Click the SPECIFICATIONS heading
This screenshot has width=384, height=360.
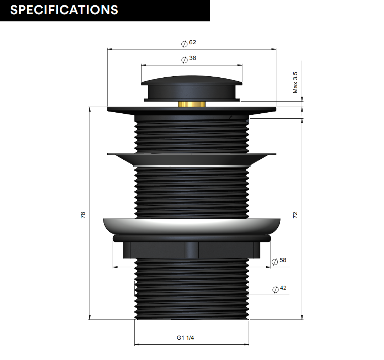(x=64, y=10)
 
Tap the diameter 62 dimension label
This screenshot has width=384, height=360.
(x=188, y=43)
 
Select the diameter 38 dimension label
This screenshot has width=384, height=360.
(x=188, y=59)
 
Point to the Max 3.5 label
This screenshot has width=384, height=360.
(x=295, y=82)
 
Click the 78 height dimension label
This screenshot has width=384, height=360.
(x=83, y=215)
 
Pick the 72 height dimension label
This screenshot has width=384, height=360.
(x=295, y=215)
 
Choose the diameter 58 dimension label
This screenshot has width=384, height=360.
(x=279, y=261)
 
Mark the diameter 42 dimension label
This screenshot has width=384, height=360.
(x=279, y=289)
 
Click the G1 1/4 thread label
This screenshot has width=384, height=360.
(x=185, y=338)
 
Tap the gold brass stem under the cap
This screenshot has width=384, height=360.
(x=192, y=104)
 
